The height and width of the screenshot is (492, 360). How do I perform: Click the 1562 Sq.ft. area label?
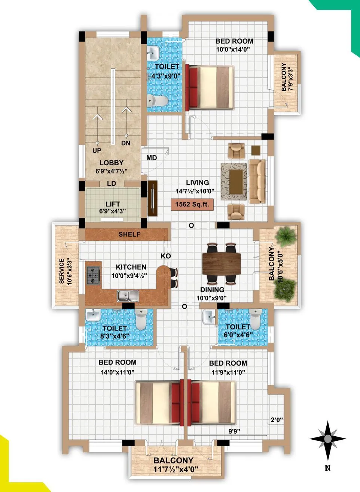coord(192,205)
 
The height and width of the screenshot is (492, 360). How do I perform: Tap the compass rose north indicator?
coord(327,439)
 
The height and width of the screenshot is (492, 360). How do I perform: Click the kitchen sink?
coord(128,296)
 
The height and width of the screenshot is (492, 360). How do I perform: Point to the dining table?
coord(222,264)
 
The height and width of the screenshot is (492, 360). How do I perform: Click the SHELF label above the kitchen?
coord(129,234)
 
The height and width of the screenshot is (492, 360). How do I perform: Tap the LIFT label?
coord(113,204)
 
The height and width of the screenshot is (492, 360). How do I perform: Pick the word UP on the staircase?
coord(97,151)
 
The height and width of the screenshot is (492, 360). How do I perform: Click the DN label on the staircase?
coord(126,143)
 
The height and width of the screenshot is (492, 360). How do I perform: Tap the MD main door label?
coord(152,158)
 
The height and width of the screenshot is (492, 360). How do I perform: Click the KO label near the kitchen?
coord(166,256)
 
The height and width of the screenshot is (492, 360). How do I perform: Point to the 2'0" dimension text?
coord(277,420)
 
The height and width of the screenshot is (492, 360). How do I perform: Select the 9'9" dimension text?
coord(234,431)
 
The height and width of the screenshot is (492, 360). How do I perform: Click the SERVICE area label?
coord(62,271)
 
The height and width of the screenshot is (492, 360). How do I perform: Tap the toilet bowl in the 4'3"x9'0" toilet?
coord(157,101)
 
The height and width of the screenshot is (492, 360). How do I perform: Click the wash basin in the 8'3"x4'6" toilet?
coord(92,316)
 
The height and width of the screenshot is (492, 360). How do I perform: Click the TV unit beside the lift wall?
coord(153,199)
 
